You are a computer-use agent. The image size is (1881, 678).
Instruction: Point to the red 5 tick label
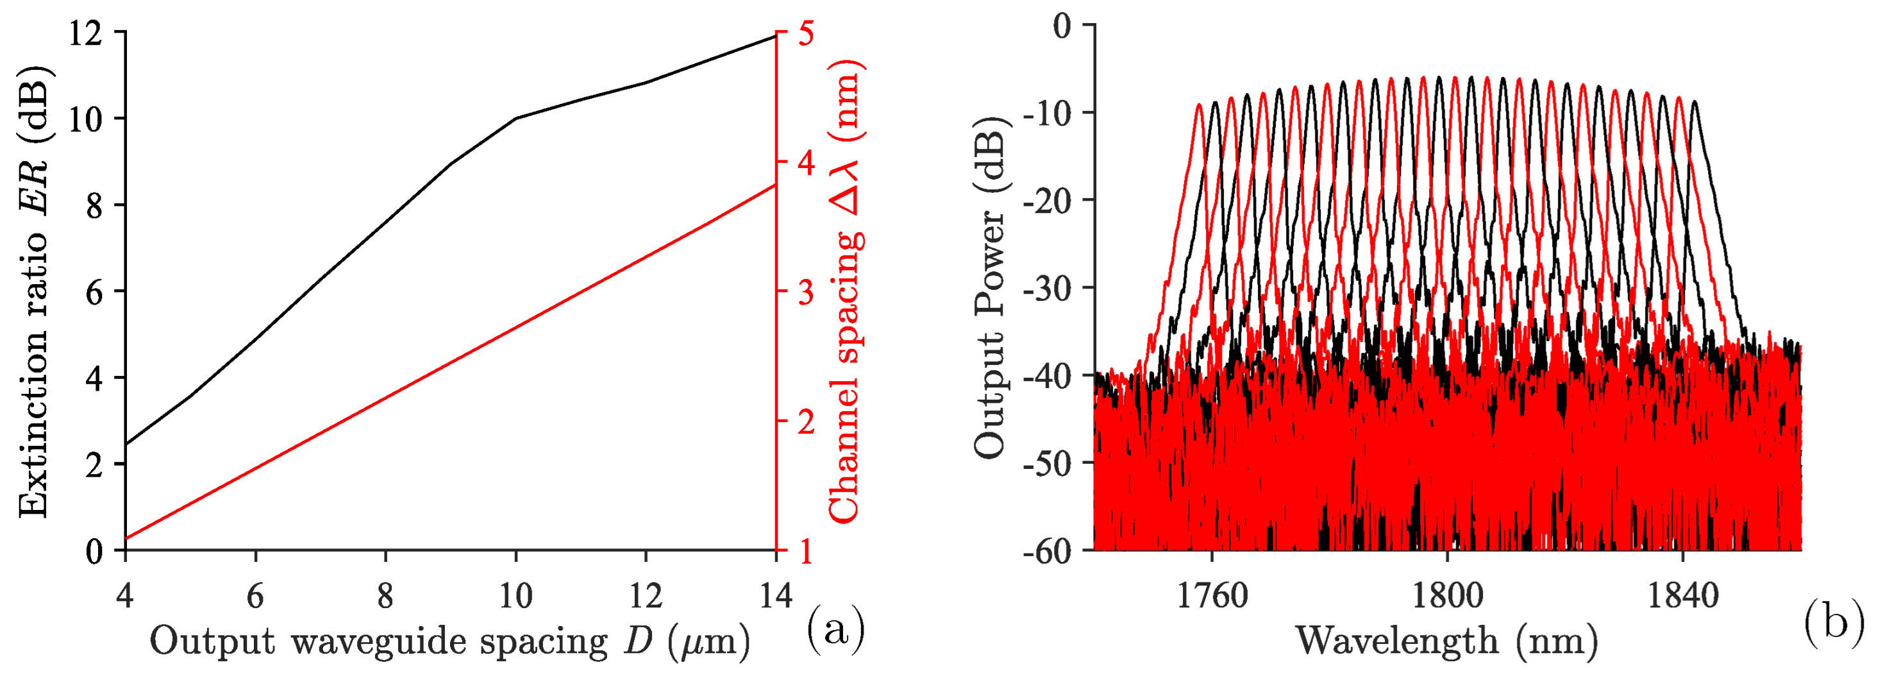point(805,33)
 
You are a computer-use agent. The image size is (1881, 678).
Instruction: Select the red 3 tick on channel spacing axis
point(805,291)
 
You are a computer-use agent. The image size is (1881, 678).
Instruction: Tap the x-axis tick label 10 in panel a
point(515,596)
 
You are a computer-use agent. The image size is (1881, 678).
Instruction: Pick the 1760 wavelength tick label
point(1212,596)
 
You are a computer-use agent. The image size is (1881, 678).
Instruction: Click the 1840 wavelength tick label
point(1683,596)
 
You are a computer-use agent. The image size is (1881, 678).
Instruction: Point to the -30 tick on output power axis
point(1046,288)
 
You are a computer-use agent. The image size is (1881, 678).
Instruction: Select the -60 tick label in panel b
point(1046,551)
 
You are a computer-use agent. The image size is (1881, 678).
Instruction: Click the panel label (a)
point(835,627)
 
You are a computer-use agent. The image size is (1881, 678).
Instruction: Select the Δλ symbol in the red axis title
point(846,190)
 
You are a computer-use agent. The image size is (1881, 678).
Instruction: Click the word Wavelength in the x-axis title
point(1397,641)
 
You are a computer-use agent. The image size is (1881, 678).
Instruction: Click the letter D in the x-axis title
point(638,640)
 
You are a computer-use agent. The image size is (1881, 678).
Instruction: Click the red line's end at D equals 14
point(774,185)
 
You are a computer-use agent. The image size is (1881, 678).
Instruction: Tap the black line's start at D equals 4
point(126,443)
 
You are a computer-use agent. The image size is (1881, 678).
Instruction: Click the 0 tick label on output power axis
point(1062,26)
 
